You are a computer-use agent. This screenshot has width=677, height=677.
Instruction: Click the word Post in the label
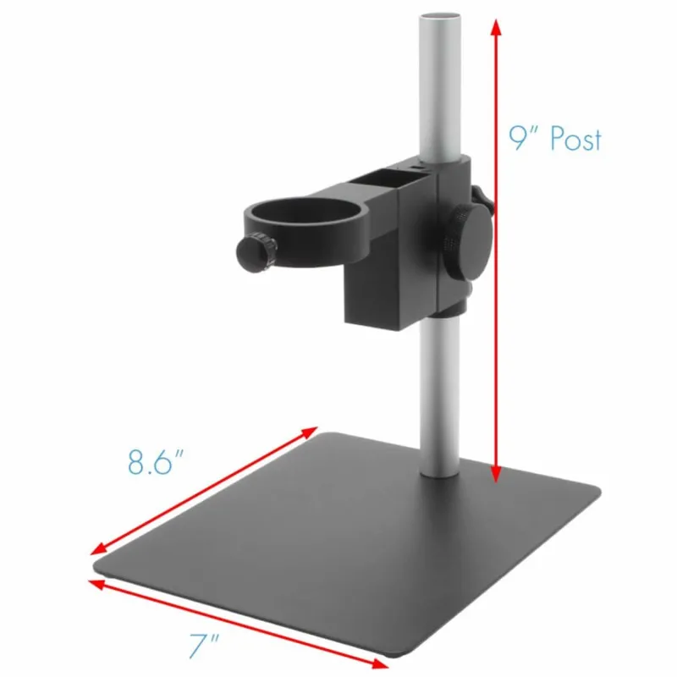click(x=576, y=138)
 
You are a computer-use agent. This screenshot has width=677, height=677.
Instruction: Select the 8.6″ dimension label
click(x=156, y=463)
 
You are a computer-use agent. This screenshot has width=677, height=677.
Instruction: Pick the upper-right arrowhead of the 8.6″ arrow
click(x=311, y=432)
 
